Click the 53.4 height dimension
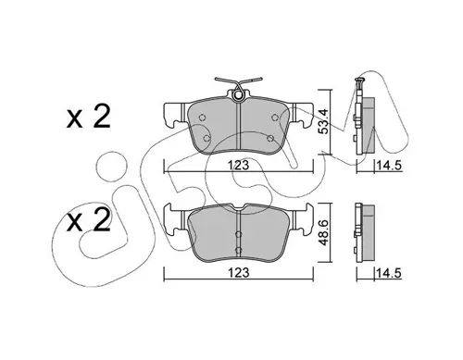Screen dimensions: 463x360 [x=323, y=121]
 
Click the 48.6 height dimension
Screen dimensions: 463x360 [x=323, y=231]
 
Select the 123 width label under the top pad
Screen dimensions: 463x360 [x=239, y=165]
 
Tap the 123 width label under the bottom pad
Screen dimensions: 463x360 [x=239, y=273]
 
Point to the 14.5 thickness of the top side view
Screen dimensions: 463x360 [x=389, y=166]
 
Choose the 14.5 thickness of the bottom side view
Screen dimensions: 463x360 [x=389, y=273]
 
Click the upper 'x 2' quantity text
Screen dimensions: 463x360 [x=89, y=118]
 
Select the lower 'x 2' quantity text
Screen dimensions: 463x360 [x=89, y=220]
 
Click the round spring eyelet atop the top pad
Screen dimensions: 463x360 [x=238, y=95]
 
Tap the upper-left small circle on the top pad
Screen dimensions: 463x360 [x=203, y=118]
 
